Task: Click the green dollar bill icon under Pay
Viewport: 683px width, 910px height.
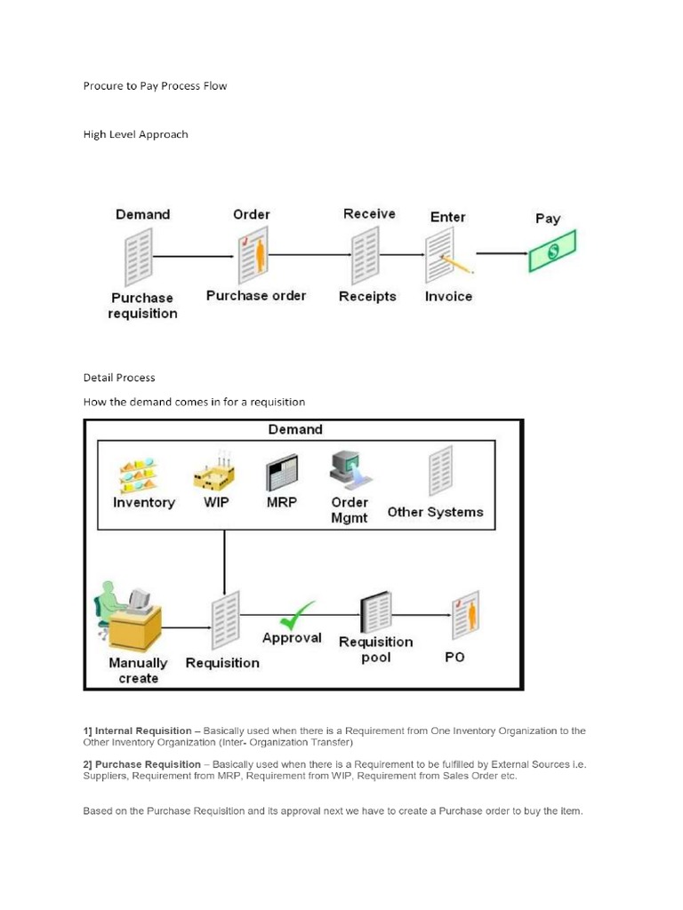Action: point(551,251)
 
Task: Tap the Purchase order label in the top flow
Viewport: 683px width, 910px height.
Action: point(256,296)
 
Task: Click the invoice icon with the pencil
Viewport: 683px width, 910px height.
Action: point(446,256)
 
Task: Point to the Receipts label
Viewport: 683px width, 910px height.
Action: point(367,297)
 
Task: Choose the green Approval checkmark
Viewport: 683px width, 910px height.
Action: point(296,614)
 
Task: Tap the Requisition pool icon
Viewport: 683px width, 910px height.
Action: point(374,612)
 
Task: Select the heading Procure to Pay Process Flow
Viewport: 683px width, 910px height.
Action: point(155,86)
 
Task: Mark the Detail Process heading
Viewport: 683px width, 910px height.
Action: point(119,378)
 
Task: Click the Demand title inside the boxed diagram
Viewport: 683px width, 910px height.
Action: point(295,429)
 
